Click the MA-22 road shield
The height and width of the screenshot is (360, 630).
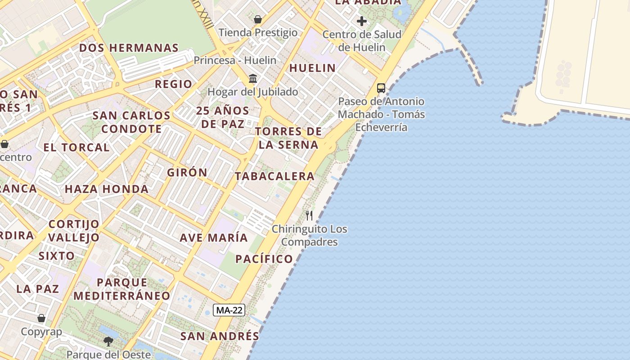tap(229, 310)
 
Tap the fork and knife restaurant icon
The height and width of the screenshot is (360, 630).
tap(309, 216)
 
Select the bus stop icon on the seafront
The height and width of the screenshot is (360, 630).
tap(381, 88)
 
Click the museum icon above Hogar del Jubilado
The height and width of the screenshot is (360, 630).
tap(253, 79)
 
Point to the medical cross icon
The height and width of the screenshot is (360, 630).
tap(362, 21)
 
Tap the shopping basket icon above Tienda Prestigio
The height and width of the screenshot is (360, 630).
tap(258, 19)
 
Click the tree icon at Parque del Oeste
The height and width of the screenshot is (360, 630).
tap(108, 342)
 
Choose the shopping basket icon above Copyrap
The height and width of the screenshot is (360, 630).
tap(41, 318)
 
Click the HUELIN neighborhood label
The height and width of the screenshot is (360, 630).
tap(312, 68)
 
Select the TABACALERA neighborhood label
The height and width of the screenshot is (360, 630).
tap(274, 176)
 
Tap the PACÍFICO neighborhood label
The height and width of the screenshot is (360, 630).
tap(264, 259)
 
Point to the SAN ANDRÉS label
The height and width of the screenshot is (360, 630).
tap(220, 336)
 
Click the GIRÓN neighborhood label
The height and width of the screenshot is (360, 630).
tap(187, 172)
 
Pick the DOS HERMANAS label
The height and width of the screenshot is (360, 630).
tap(129, 48)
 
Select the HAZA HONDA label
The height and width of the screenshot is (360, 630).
tap(107, 189)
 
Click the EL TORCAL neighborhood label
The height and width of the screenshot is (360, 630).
tap(76, 147)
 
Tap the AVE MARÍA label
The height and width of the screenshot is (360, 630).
tap(214, 238)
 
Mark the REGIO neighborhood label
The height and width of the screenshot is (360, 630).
tap(173, 84)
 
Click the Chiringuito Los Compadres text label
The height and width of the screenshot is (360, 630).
tap(309, 235)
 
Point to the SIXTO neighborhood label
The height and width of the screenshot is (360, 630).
tap(57, 256)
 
